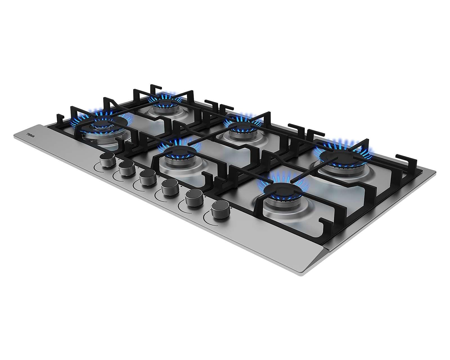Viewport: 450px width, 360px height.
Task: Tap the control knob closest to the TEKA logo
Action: pyautogui.click(x=107, y=160)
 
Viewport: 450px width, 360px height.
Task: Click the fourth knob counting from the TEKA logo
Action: pyautogui.click(x=170, y=187)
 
